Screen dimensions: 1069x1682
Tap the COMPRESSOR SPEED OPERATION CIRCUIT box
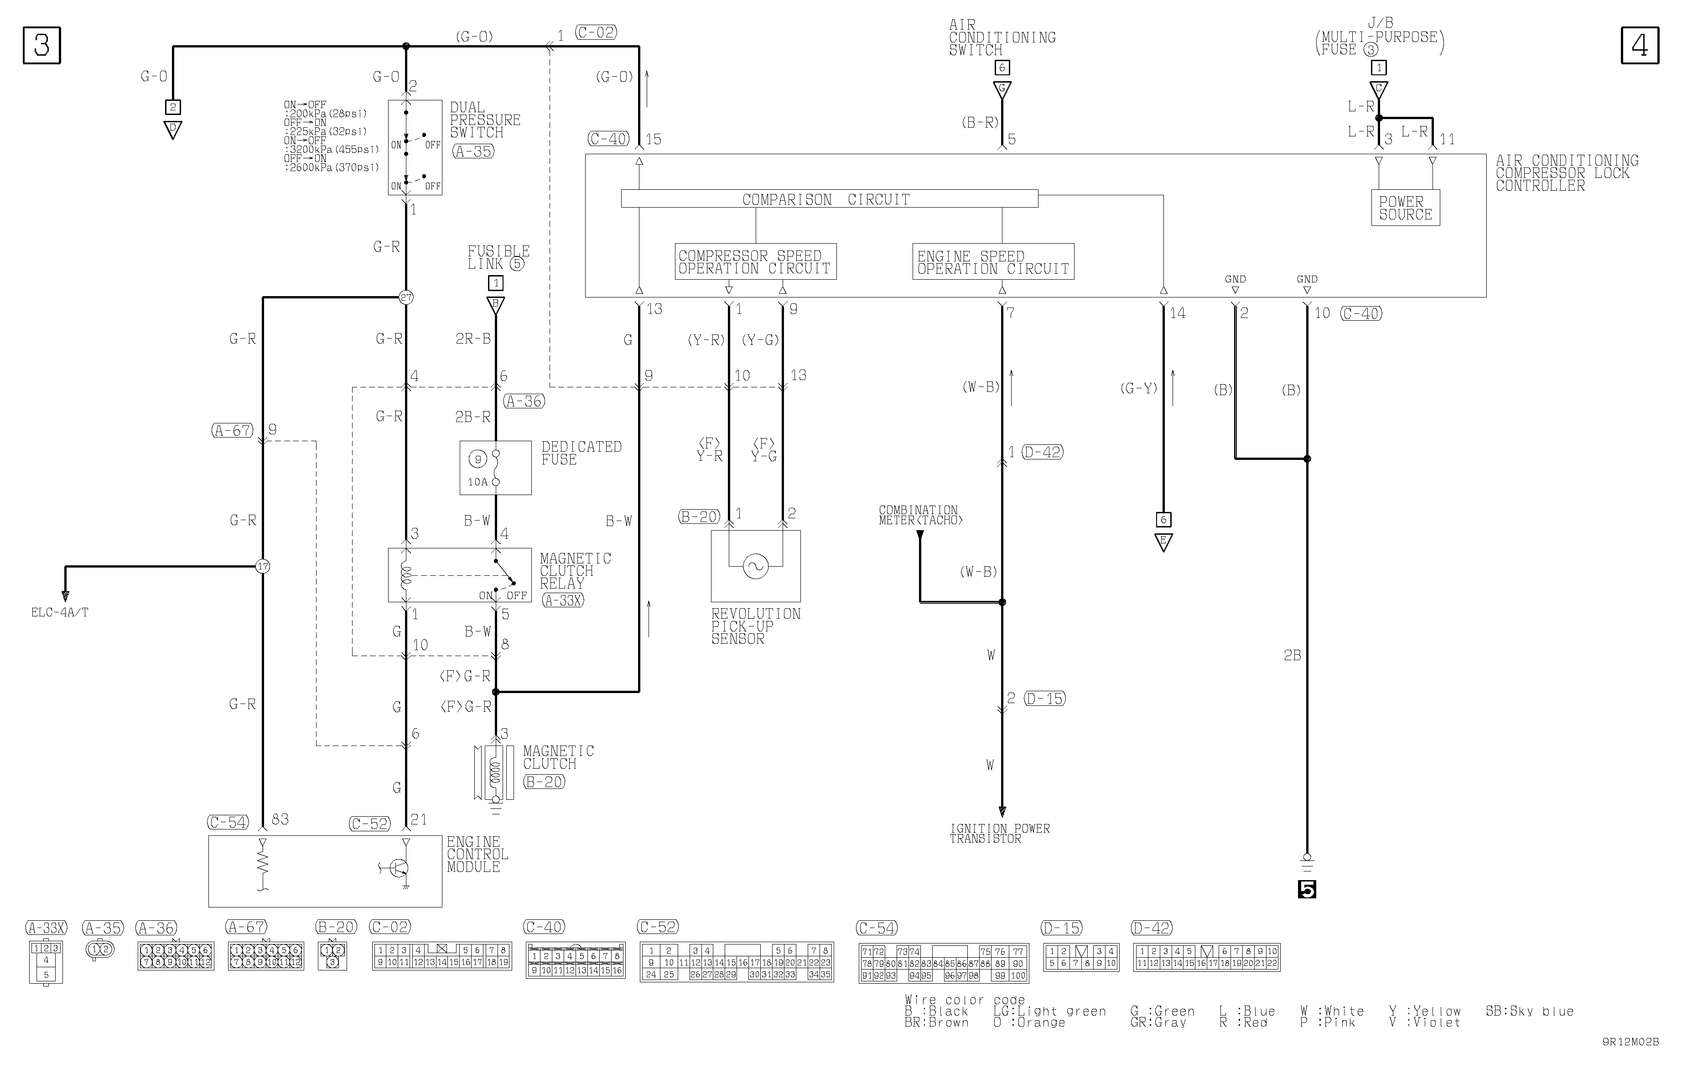point(755,262)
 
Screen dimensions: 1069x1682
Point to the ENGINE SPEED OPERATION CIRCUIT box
point(992,262)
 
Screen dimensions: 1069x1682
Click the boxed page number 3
point(42,46)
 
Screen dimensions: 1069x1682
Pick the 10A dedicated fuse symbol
point(495,467)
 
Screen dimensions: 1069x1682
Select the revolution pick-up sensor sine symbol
point(755,566)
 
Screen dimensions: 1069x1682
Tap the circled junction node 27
point(406,297)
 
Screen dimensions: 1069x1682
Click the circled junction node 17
point(263,566)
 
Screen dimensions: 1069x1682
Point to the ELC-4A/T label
point(60,613)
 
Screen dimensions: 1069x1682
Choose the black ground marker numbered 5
point(1306,889)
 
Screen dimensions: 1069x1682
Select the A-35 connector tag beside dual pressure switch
point(473,151)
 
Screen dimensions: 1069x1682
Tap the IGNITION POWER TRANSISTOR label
point(1000,834)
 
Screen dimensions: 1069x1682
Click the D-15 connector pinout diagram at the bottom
point(1080,957)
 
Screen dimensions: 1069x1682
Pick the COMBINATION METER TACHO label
point(920,515)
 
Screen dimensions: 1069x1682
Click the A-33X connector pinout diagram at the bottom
point(46,961)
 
